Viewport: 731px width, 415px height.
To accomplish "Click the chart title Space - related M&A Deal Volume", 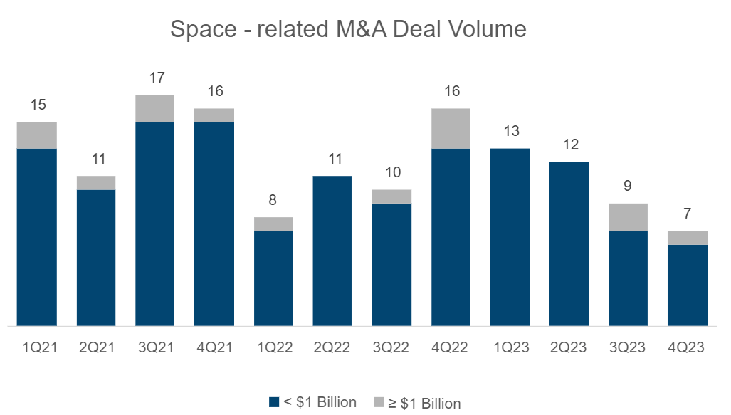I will [349, 29].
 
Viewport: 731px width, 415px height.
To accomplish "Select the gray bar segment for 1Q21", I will [37, 135].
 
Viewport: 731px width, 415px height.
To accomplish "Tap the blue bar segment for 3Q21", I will [155, 224].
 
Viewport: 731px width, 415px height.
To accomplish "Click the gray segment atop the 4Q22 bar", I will [451, 128].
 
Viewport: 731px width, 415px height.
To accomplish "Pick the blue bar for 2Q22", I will [332, 251].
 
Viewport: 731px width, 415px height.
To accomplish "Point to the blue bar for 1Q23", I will [510, 237].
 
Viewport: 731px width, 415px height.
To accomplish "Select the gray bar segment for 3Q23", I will [628, 217].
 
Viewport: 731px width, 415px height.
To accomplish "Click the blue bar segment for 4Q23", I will [688, 285].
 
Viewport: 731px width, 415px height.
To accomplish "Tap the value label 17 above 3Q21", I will [155, 78].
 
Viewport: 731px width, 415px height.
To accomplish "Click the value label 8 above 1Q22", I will [273, 200].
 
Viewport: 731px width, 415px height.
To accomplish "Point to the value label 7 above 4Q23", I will [688, 214].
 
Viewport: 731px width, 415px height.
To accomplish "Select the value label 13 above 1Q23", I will [510, 131].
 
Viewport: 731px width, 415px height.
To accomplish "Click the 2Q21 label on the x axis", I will [96, 347].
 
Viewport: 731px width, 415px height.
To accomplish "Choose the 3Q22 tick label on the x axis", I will [391, 347].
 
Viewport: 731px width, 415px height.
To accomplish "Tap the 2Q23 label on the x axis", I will [569, 347].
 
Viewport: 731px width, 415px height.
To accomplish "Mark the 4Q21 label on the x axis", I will [214, 347].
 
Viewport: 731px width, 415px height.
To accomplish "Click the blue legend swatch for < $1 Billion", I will [274, 403].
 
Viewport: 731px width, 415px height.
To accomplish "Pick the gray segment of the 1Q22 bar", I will [273, 224].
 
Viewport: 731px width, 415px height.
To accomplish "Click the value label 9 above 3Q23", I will [628, 187].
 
